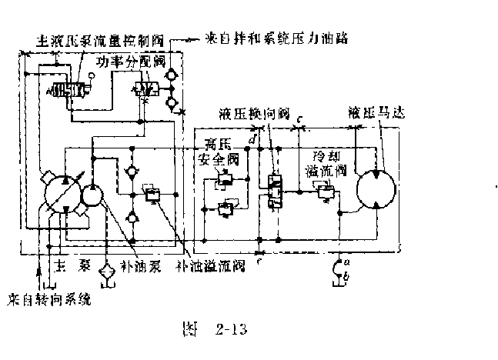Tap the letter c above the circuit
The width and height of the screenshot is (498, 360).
click(x=300, y=118)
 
